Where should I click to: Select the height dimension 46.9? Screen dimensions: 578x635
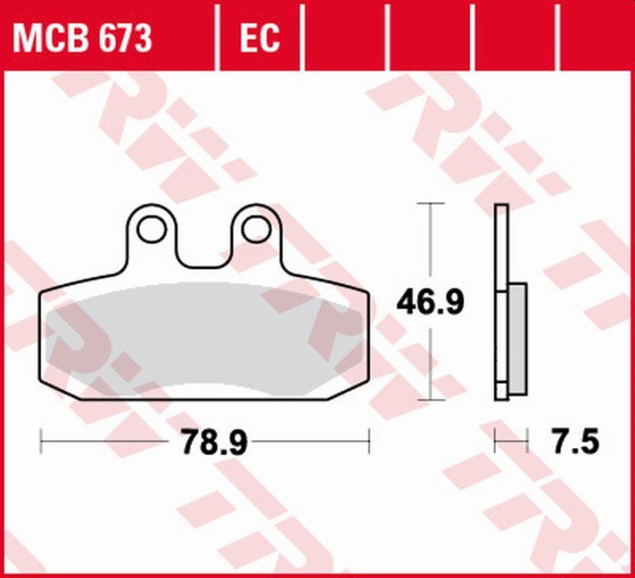coord(430,302)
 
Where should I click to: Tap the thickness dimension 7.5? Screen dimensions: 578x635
coord(571,441)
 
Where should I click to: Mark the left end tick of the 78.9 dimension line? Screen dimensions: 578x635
coord(41,438)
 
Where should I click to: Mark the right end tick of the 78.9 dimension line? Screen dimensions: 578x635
coord(369,438)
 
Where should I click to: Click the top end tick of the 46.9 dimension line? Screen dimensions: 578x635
coord(430,204)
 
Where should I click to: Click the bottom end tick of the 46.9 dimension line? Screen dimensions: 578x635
coord(430,400)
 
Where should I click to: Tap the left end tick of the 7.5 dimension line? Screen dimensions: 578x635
coord(495,438)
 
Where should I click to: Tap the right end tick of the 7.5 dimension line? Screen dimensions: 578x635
coord(527,438)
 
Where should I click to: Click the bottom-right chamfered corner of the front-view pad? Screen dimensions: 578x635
coord(357,389)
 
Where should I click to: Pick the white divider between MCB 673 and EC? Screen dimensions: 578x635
coord(217,36)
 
